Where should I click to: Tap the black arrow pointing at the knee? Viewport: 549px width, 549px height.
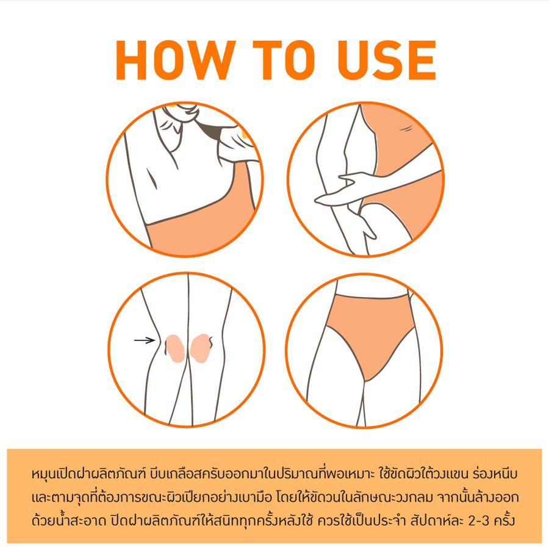click(x=145, y=340)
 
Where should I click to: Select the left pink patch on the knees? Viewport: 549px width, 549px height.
click(x=175, y=348)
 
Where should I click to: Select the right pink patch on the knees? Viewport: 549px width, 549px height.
click(x=201, y=348)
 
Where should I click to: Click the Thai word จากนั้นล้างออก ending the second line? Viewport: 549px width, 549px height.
click(x=478, y=498)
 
